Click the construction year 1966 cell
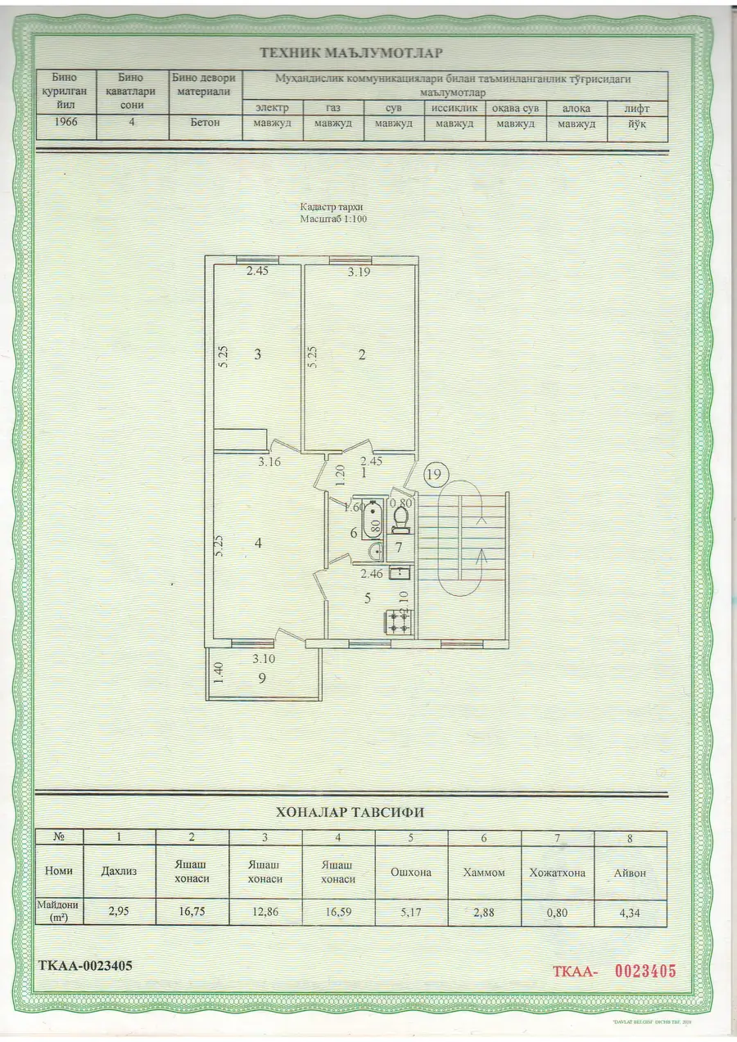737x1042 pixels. click(66, 122)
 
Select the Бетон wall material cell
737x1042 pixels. click(205, 122)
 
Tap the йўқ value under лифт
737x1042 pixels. click(636, 124)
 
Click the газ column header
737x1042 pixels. click(333, 108)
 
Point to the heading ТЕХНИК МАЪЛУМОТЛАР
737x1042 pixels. click(351, 52)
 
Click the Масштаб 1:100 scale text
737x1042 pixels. click(333, 219)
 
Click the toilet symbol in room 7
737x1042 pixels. click(400, 520)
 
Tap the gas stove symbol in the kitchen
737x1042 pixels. click(398, 622)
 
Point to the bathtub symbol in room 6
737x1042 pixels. click(373, 519)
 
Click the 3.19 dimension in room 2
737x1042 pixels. click(359, 272)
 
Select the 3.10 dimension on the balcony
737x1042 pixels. click(264, 659)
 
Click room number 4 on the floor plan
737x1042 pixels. click(258, 543)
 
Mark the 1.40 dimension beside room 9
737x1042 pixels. click(219, 673)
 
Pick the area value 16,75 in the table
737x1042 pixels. click(192, 911)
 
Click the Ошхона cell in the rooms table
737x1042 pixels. click(411, 873)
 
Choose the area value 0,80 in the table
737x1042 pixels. click(557, 913)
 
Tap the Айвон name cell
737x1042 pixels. click(630, 873)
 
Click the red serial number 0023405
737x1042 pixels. click(645, 972)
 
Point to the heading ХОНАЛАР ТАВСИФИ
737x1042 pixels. click(350, 812)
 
